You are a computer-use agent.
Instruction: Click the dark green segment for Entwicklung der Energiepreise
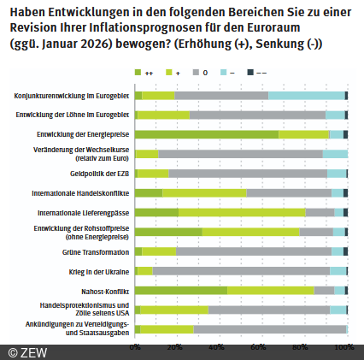(206, 134)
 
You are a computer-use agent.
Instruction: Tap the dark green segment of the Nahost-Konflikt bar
(180, 291)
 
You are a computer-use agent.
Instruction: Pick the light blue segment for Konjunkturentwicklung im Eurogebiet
(306, 96)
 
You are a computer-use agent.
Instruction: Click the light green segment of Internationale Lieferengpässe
(242, 212)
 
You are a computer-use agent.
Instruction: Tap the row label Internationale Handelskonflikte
(80, 192)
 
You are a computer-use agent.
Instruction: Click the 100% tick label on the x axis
(343, 348)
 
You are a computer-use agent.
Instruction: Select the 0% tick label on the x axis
(135, 348)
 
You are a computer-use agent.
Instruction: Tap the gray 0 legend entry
(223, 75)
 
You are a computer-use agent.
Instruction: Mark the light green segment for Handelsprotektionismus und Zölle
(171, 310)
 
